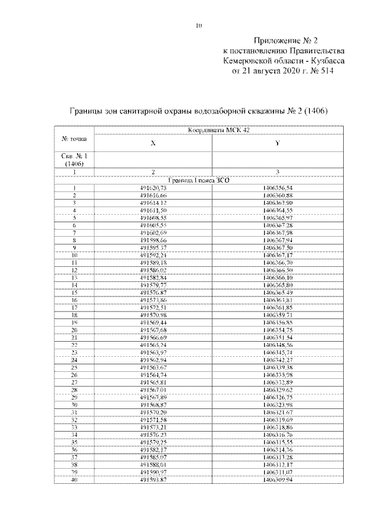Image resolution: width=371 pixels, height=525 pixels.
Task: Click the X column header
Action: coord(153,143)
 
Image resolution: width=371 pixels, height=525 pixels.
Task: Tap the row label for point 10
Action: coord(74,255)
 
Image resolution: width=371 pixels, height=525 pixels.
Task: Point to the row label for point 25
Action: coord(74,367)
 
